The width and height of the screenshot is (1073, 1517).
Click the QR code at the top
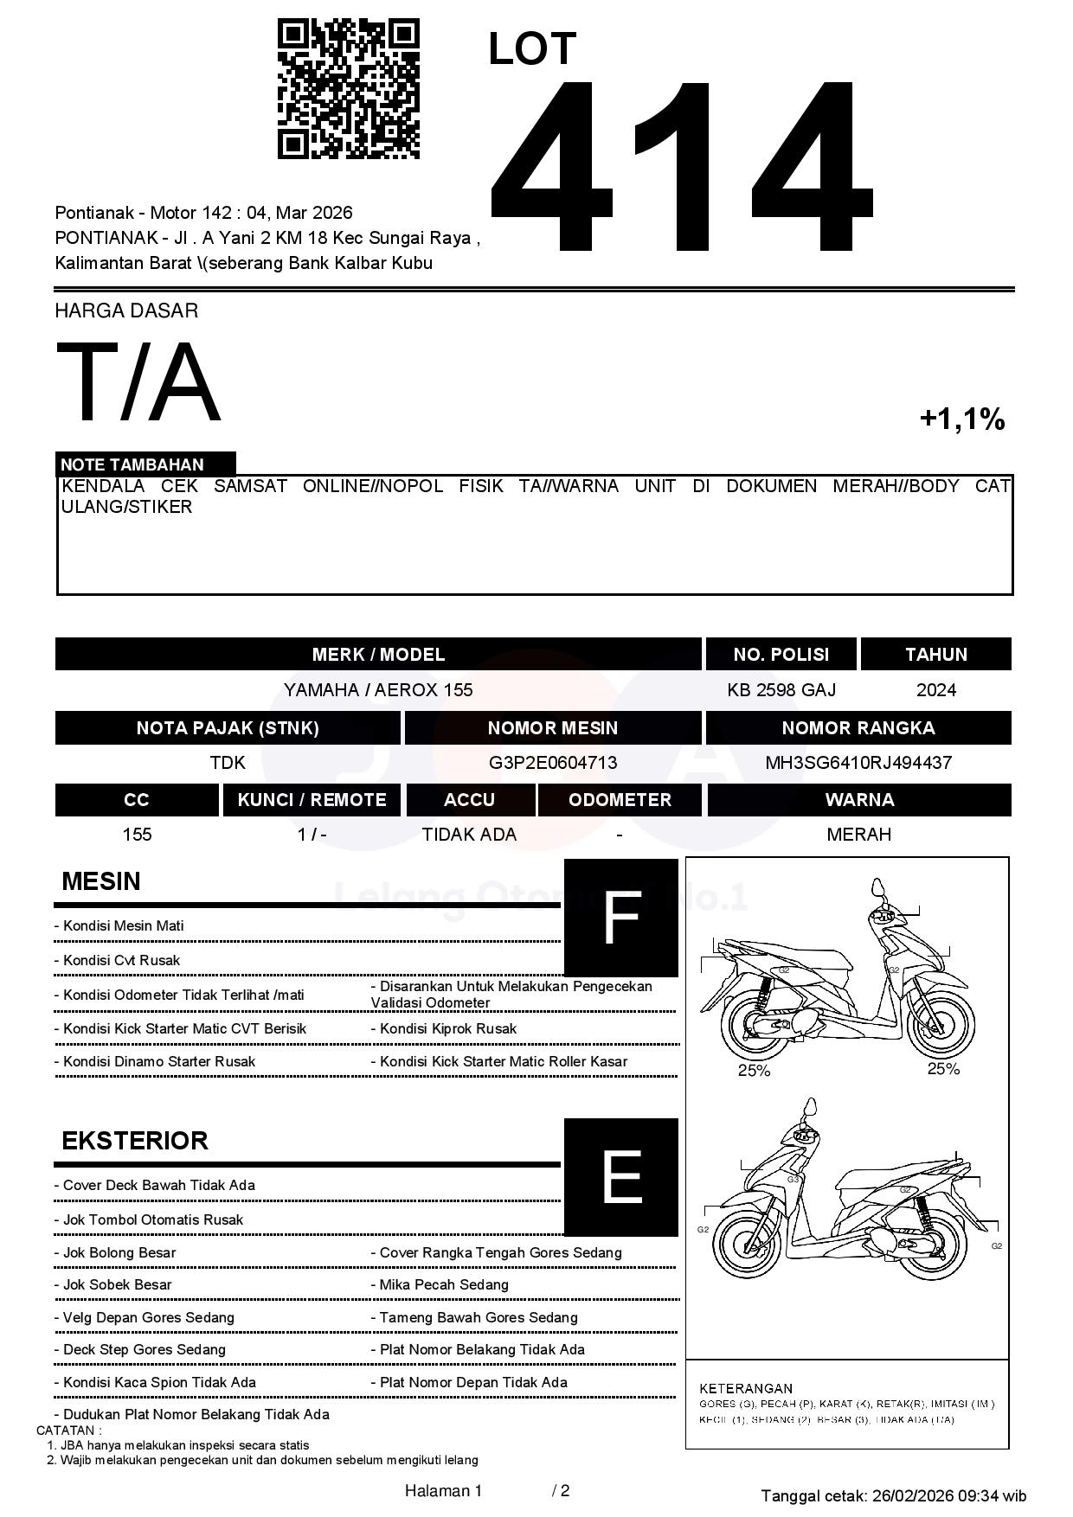(x=348, y=89)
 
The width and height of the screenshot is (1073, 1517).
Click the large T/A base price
(x=138, y=383)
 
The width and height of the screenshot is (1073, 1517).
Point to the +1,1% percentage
(x=961, y=419)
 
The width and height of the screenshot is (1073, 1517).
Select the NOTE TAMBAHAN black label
(x=145, y=464)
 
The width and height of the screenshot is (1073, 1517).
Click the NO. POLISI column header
(x=781, y=655)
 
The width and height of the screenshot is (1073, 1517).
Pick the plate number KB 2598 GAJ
(x=781, y=690)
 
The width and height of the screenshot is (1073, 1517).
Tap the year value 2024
(x=935, y=690)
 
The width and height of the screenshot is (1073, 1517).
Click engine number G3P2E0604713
(x=553, y=763)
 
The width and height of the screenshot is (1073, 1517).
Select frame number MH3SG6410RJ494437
(x=858, y=763)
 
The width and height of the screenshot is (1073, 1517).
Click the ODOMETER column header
(x=620, y=800)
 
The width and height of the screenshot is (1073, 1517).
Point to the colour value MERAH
(x=858, y=835)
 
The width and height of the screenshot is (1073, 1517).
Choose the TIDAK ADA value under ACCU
(x=469, y=835)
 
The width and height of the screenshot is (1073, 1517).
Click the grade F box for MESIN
(x=620, y=918)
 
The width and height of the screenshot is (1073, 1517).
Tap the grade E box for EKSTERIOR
(x=620, y=1176)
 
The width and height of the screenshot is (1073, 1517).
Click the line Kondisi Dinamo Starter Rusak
(x=159, y=1062)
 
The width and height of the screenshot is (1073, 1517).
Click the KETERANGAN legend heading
(x=746, y=1388)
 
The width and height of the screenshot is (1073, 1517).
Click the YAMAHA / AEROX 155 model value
(x=378, y=690)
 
